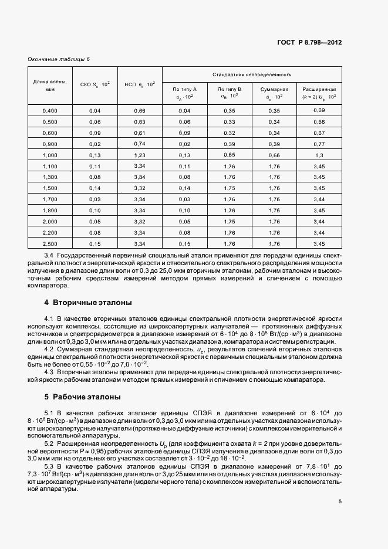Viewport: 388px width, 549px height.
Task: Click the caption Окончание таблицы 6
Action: [x=59, y=59]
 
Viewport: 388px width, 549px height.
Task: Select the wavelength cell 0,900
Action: [x=50, y=144]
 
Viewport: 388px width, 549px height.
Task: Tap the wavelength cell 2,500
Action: [x=50, y=243]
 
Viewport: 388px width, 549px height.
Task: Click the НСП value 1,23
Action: [x=139, y=155]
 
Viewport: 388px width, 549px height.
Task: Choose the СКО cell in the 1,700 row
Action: [x=95, y=199]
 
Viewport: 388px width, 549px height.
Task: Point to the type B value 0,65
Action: [x=229, y=155]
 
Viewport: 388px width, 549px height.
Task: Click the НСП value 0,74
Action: [x=139, y=144]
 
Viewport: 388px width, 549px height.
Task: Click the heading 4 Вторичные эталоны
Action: [x=88, y=302]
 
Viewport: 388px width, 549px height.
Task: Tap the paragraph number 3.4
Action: [x=49, y=256]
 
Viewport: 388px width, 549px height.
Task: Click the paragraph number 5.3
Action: [x=49, y=465]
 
